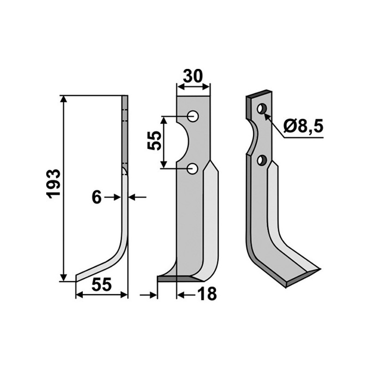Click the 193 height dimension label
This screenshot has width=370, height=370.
[x=54, y=184]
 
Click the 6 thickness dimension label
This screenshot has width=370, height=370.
[x=96, y=197]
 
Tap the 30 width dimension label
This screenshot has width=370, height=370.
[x=193, y=76]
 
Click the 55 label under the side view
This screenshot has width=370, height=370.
[x=101, y=285]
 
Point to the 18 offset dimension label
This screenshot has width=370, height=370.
[x=207, y=294]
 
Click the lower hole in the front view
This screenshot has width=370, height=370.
[x=193, y=169]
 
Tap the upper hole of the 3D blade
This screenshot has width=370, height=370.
[x=261, y=109]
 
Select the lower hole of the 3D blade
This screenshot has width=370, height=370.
[x=262, y=161]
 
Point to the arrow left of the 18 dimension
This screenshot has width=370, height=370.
[x=149, y=294]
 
